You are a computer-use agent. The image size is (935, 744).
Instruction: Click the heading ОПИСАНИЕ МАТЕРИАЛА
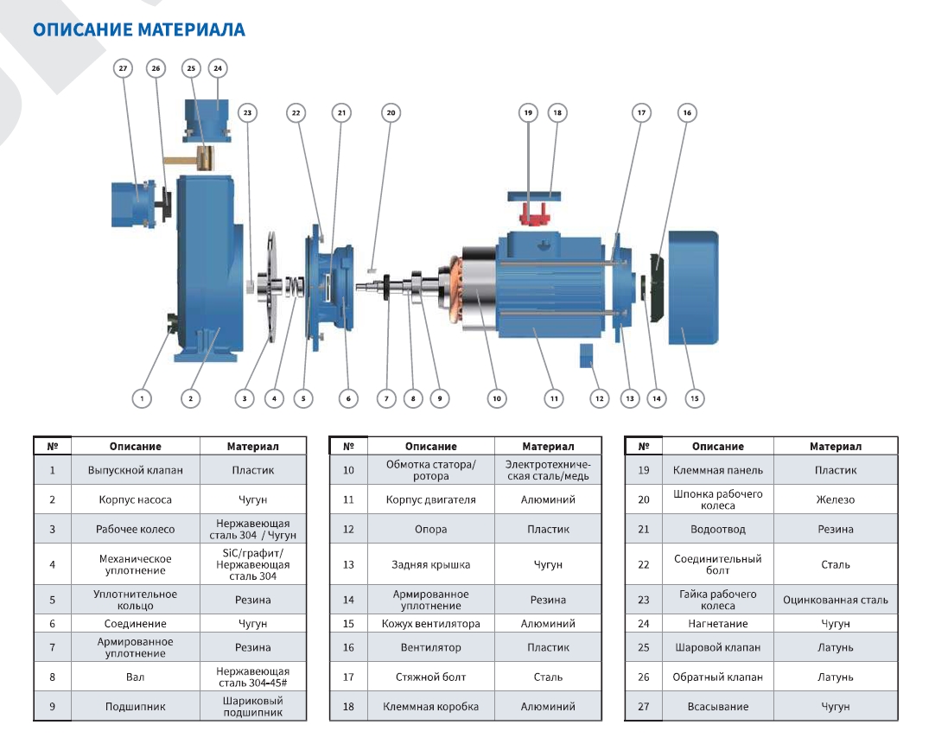pos(139,30)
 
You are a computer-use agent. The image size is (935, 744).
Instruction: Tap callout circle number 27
pos(123,68)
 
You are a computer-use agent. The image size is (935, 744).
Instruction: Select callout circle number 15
pos(694,398)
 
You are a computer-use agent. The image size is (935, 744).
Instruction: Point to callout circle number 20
pos(391,112)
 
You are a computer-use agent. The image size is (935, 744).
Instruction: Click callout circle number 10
pos(496,398)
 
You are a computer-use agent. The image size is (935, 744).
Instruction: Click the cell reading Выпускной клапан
pos(135,471)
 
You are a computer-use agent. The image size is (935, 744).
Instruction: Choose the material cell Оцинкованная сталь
pos(835,600)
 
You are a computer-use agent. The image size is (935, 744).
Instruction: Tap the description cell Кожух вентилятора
pos(430,624)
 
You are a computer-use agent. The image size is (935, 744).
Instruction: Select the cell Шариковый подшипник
pos(253,707)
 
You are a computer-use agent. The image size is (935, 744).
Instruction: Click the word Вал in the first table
pos(135,677)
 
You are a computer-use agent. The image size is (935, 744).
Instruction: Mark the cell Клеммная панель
pos(717,471)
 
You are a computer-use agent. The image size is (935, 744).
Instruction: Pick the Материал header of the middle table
pos(548,447)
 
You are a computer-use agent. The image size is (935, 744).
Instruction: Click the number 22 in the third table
pos(643,565)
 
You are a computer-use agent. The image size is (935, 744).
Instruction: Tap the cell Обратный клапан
pos(717,677)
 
